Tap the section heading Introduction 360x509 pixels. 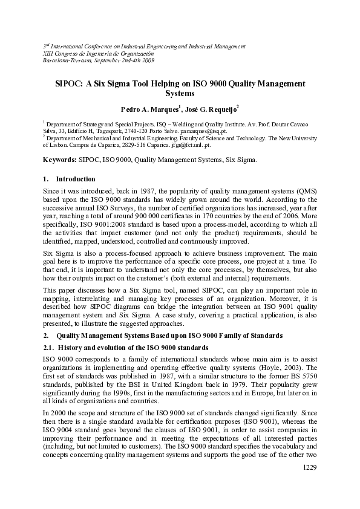coord(76,179)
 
